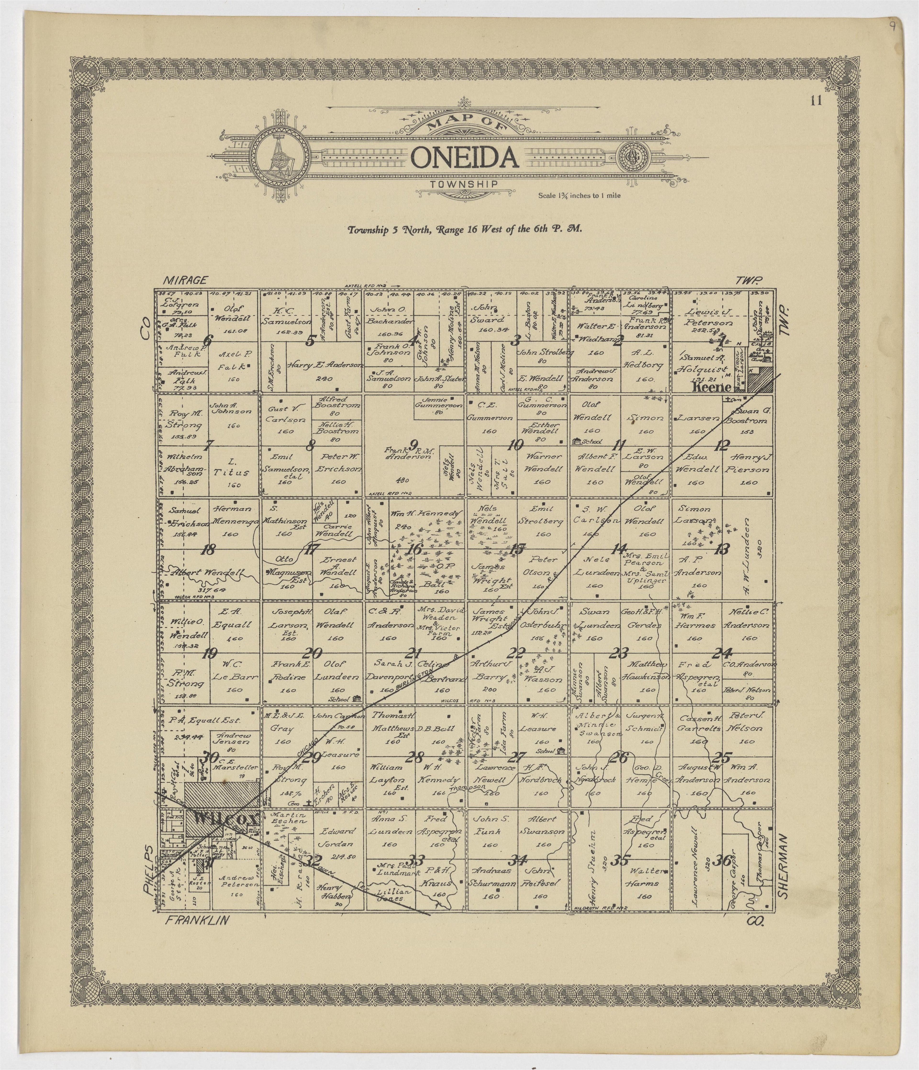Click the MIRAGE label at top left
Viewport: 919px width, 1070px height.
185,280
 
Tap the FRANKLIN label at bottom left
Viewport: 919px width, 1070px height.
197,920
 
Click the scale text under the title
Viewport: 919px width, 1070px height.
579,196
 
